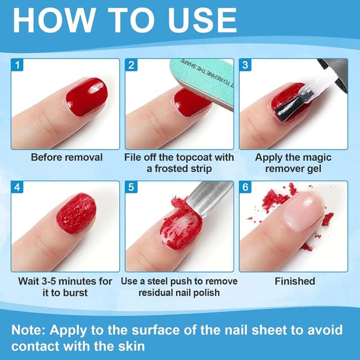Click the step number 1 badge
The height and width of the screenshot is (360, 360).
pos(17,65)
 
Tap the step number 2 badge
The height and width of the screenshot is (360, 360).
pos(131,65)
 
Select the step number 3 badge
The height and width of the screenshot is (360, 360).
pos(245,65)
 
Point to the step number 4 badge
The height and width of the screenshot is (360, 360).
pos(17,187)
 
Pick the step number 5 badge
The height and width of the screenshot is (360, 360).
pos(131,187)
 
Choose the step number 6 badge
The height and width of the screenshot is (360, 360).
pos(245,187)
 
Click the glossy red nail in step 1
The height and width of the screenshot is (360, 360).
pos(87,96)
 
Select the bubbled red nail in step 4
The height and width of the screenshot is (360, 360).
pos(76,214)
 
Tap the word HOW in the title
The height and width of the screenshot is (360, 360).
pos(55,20)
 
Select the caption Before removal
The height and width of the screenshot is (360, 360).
pos(67,157)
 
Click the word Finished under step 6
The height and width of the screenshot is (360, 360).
pos(295,281)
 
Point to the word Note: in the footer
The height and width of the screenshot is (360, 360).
pos(29,330)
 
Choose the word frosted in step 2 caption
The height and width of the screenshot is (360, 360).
pos(168,169)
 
